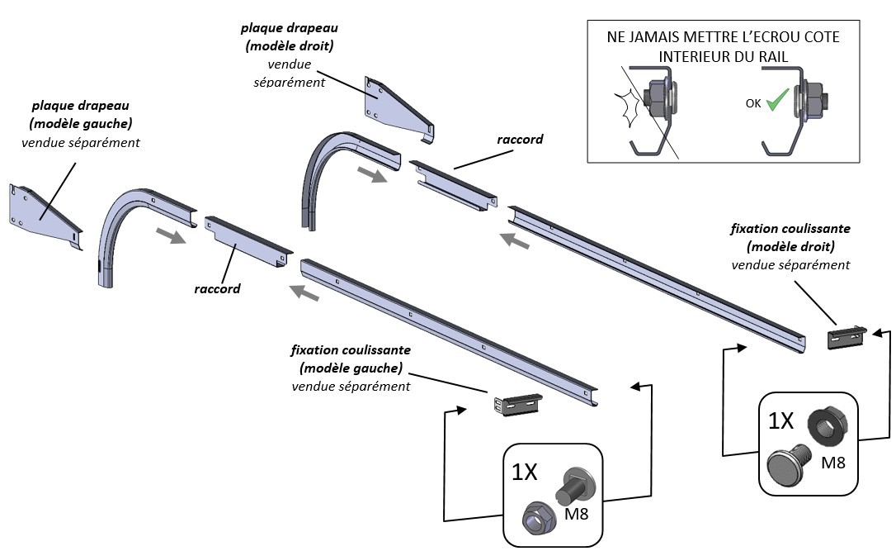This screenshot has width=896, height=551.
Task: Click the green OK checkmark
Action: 775,104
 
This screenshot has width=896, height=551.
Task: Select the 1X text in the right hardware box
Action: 780,421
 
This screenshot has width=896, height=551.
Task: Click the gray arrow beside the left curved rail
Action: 171,237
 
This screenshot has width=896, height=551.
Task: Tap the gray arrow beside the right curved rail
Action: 371,175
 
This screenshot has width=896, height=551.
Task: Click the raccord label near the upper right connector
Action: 520,140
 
